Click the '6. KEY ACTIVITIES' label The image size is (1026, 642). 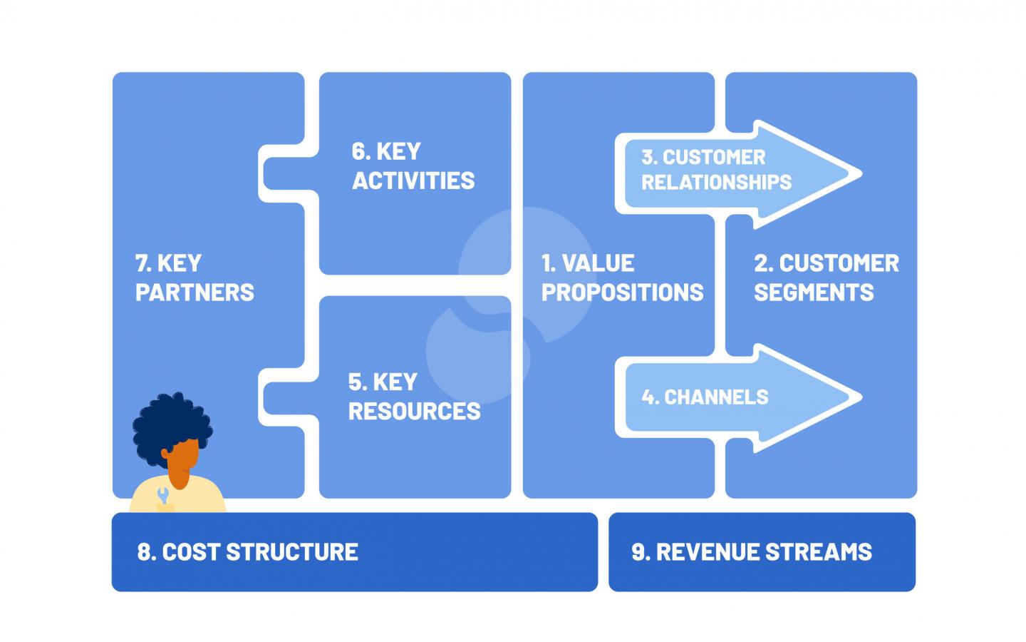[413, 166]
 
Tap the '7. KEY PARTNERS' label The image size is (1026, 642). [195, 278]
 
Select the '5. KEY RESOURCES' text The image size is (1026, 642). [414, 396]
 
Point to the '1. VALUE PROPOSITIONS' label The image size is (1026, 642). [623, 278]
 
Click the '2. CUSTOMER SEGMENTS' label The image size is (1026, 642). [826, 278]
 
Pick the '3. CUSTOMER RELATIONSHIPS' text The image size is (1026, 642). [716, 170]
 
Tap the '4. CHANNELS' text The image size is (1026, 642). [705, 397]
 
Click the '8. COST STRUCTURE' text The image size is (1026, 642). [247, 551]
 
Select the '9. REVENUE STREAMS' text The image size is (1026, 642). [752, 551]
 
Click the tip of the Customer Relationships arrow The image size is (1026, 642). [861, 174]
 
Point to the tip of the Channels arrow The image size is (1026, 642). [861, 397]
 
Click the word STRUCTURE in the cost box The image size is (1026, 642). [292, 551]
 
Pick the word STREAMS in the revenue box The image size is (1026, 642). [819, 551]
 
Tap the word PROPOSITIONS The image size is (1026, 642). [623, 292]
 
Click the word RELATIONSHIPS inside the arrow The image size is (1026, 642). [716, 182]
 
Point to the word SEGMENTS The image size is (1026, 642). [814, 292]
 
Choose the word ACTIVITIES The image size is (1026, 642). [413, 180]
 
